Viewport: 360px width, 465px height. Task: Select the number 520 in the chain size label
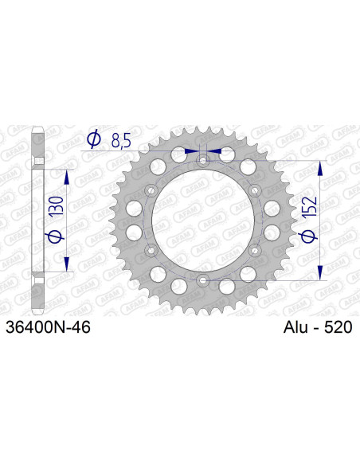pos(337,326)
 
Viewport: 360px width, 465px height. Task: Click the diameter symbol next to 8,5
pos(92,140)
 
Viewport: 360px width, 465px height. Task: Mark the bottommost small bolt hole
pos(202,280)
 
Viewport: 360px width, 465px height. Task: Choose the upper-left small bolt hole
pos(151,190)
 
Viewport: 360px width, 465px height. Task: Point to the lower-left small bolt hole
pos(151,251)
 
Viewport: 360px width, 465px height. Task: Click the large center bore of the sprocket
pos(202,221)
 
